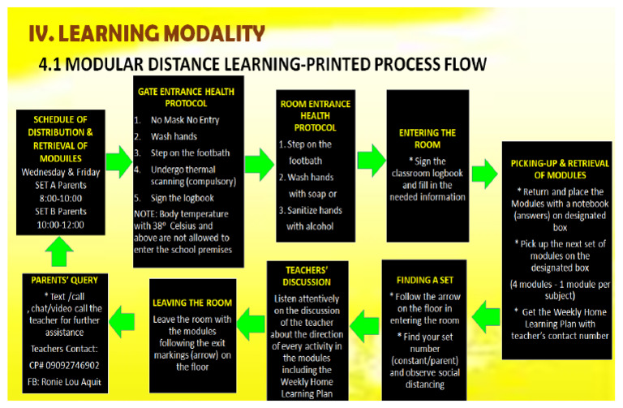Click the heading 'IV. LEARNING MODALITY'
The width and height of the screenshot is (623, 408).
146,33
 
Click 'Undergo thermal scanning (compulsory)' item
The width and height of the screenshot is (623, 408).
187,175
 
